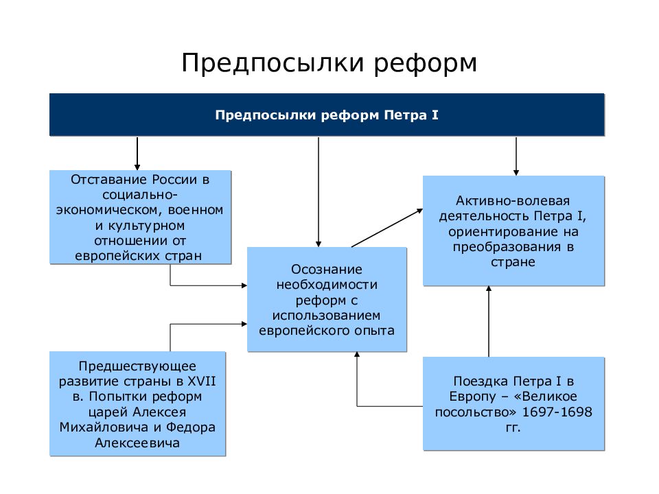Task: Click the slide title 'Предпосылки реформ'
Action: click(329, 64)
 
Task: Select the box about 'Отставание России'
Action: click(140, 217)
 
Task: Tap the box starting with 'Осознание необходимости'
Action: click(327, 300)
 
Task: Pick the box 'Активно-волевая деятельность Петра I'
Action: click(513, 231)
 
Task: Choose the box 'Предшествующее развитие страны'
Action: click(137, 403)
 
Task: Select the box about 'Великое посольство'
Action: click(513, 403)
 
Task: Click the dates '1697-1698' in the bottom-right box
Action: click(557, 412)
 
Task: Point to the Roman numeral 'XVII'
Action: click(201, 381)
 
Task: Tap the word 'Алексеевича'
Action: click(137, 443)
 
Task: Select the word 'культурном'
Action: click(146, 226)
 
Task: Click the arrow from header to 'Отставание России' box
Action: click(137, 153)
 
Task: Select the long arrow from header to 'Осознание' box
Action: click(319, 192)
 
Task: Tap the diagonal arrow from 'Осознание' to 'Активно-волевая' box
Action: click(387, 228)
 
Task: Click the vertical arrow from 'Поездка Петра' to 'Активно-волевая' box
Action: click(489, 321)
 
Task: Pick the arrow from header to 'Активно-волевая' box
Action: click(516, 156)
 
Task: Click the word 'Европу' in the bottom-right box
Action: click(473, 397)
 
